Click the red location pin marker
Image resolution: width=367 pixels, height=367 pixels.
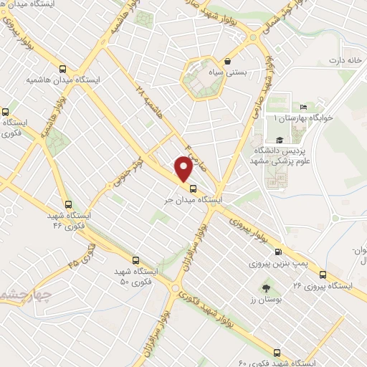coord(183,169)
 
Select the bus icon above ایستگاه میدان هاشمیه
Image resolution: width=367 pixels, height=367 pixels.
coord(63,70)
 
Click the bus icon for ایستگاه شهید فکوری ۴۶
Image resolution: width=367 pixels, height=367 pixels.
coord(68,204)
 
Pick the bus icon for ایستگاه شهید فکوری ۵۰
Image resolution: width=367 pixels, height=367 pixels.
coord(136,259)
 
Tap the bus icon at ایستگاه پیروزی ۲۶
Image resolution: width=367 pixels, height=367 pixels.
coord(323,275)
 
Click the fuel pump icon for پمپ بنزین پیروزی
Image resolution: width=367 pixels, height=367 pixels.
coord(278,252)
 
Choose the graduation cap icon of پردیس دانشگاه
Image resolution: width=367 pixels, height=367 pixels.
coord(279,140)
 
